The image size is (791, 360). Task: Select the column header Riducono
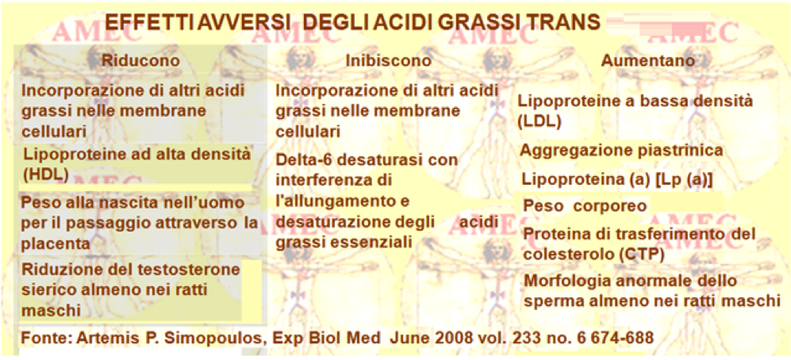140,60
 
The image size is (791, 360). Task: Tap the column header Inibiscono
389,61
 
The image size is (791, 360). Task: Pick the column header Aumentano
647,60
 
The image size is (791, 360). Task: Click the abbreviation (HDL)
46,174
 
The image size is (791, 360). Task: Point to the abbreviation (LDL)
539,121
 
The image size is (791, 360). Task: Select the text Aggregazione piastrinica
621,150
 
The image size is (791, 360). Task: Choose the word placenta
56,244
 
